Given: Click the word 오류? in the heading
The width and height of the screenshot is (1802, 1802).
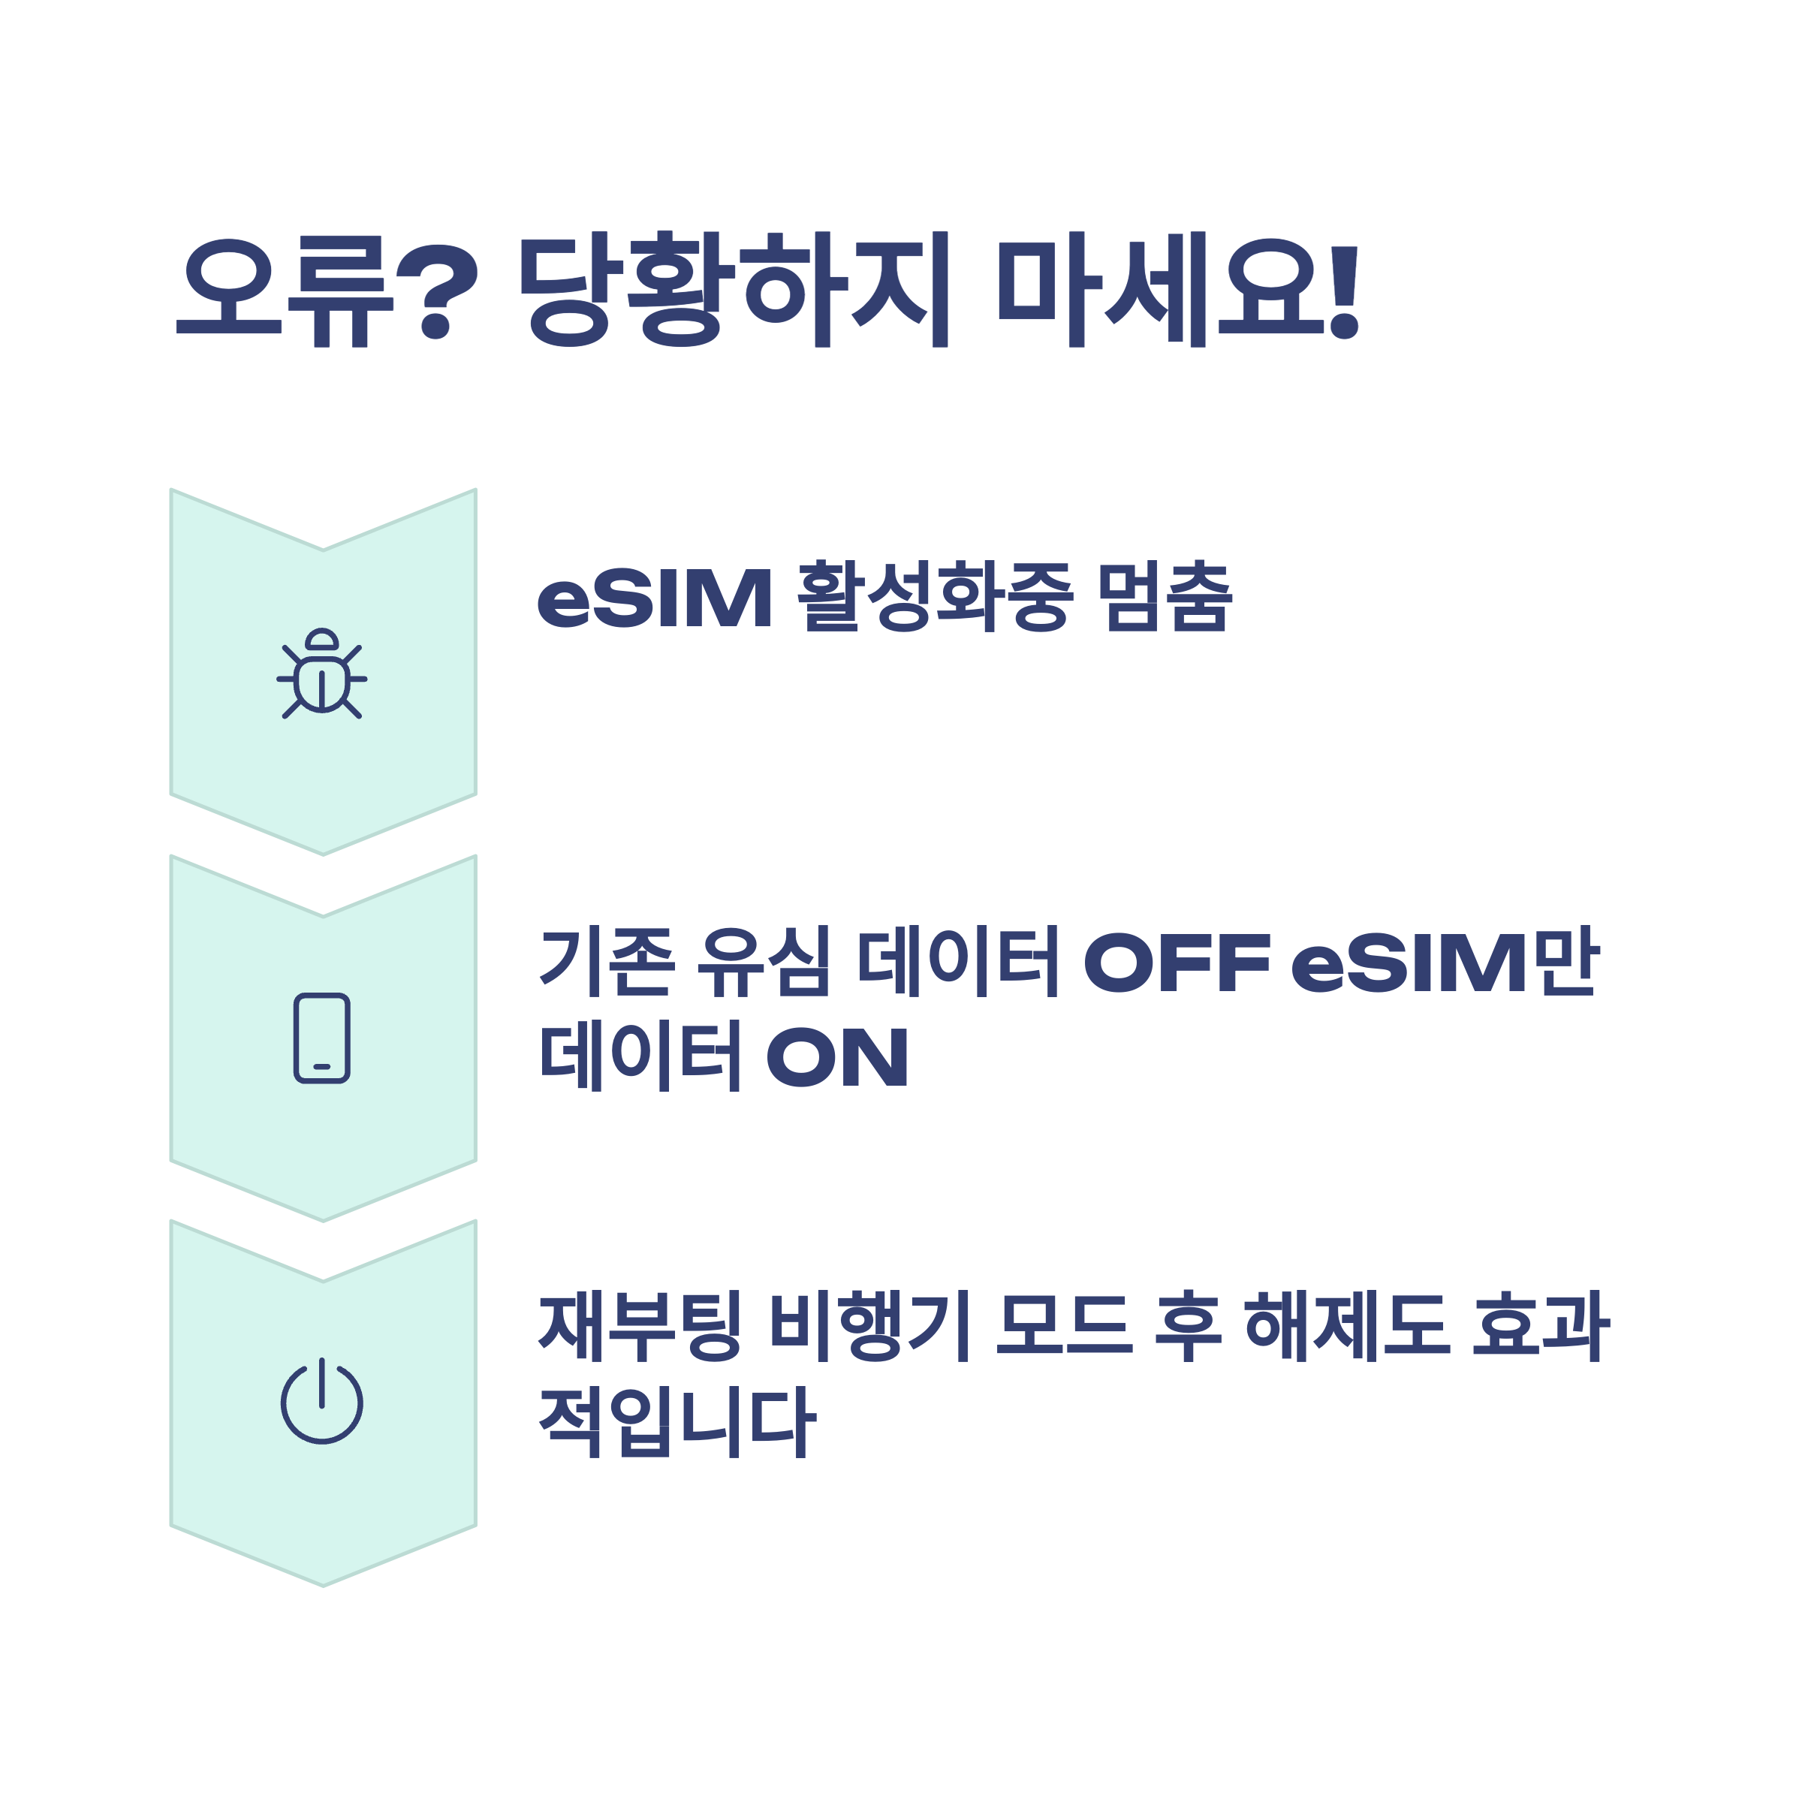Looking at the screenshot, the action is [x=327, y=289].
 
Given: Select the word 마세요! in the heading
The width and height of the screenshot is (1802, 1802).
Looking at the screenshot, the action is [x=1179, y=289].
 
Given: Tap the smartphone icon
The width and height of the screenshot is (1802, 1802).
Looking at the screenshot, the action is [x=322, y=1038].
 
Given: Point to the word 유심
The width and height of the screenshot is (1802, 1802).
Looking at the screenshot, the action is [x=764, y=963].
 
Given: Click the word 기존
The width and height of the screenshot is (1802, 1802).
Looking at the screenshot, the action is [x=606, y=963].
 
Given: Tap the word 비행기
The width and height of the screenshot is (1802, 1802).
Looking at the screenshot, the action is [x=870, y=1325].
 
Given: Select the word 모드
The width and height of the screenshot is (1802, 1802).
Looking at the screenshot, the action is [x=1064, y=1325].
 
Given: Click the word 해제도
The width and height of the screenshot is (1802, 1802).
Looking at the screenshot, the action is [x=1348, y=1325].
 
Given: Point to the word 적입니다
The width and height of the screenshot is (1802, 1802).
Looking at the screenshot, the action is [x=677, y=1421].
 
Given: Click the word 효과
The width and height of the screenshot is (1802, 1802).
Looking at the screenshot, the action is [x=1541, y=1325].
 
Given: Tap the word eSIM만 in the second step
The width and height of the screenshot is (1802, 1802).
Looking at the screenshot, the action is [x=1445, y=963].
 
